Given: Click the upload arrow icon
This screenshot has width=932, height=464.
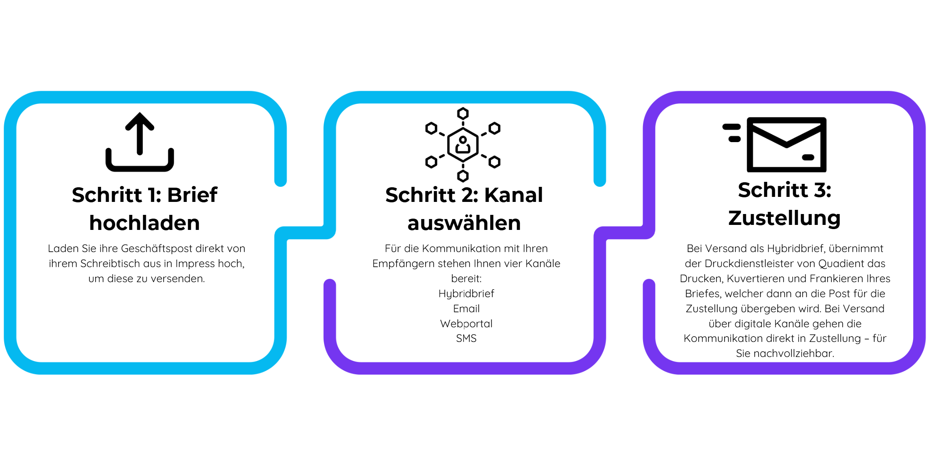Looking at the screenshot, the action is [140, 134].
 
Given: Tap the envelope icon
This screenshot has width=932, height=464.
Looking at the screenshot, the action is [786, 145].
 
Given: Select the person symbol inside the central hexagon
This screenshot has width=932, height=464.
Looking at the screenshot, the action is [463, 145].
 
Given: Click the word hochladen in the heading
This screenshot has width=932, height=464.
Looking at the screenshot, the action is [144, 223].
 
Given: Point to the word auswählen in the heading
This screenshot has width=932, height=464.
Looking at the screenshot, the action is [464, 223].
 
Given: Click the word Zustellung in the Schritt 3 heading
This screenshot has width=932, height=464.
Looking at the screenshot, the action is [785, 218].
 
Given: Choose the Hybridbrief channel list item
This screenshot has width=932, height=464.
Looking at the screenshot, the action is [466, 293].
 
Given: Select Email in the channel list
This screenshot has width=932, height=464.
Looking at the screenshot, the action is [466, 308].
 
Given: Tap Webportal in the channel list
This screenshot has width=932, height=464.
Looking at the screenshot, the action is [466, 324].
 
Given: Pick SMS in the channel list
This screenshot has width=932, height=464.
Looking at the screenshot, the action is [466, 338].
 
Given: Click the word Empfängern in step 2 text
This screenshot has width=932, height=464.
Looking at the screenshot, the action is [401, 264].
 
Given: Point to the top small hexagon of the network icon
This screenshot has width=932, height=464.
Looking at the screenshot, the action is [463, 113].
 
